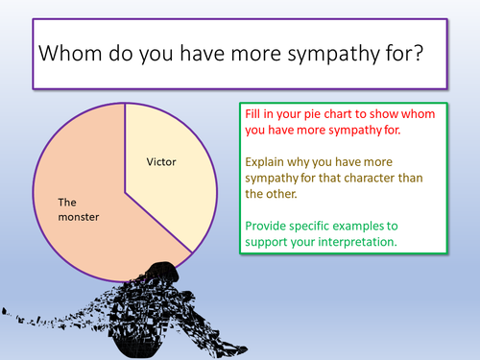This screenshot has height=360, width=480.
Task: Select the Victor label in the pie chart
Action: click(163, 160)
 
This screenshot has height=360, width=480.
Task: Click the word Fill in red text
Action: click(254, 113)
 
